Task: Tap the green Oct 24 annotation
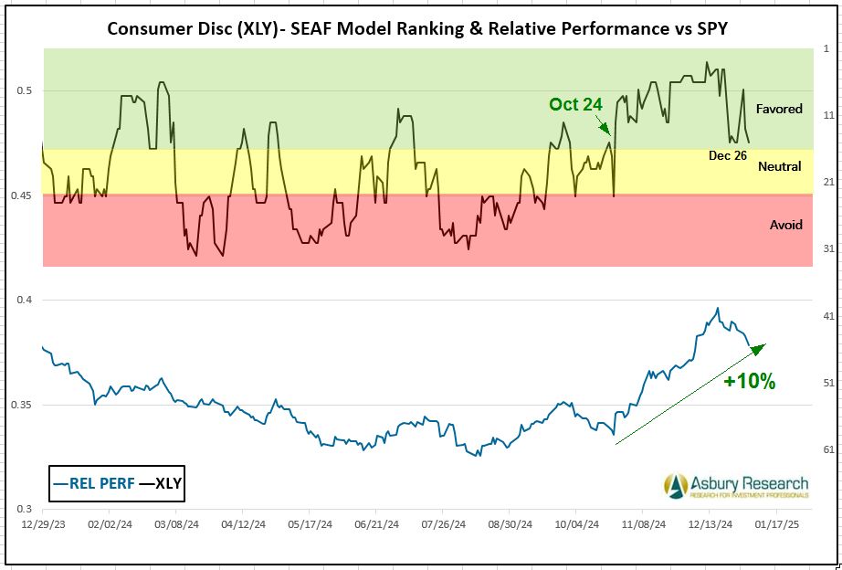tap(575, 104)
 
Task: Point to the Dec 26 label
tap(728, 155)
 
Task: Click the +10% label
tap(749, 382)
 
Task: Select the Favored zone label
tap(779, 109)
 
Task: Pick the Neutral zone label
tap(779, 166)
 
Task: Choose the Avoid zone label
tap(784, 225)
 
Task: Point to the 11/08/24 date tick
tap(642, 526)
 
